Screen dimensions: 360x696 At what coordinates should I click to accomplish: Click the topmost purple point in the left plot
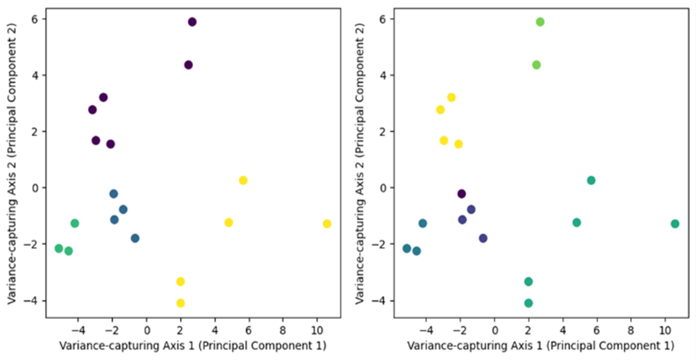(192, 22)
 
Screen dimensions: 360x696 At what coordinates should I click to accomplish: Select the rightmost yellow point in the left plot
(327, 224)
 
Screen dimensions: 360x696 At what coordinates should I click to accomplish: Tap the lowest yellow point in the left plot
(180, 303)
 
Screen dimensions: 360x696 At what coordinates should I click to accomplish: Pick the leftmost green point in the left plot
(59, 249)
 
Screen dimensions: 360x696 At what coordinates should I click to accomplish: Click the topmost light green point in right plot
(540, 22)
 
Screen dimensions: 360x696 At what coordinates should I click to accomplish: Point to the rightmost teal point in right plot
(675, 224)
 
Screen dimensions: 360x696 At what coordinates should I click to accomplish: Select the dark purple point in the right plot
(461, 194)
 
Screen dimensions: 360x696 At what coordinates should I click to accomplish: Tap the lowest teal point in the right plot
(528, 303)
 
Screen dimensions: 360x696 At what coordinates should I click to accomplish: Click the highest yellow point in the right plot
(451, 98)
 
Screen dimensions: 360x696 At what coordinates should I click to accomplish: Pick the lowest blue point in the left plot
(135, 239)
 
